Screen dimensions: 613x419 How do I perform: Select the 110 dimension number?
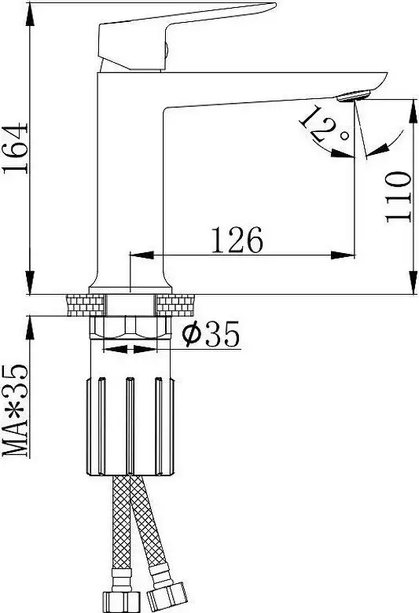[x=399, y=196]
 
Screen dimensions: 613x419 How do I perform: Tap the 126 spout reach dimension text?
[x=236, y=240]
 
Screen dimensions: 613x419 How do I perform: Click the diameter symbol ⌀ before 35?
[x=192, y=336]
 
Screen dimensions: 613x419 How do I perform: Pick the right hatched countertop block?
[x=178, y=303]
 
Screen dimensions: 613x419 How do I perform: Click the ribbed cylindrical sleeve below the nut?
[x=130, y=424]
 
